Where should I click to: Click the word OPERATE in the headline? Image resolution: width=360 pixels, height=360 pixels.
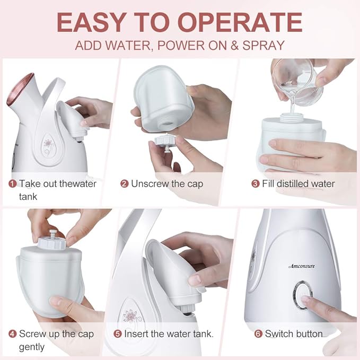pos(240,22)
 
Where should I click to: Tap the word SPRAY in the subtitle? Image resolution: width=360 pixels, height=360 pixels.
pos(263,45)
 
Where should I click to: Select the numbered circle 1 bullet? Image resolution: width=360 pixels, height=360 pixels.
pos(12,184)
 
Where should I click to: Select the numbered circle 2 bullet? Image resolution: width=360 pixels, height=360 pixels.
pos(124,184)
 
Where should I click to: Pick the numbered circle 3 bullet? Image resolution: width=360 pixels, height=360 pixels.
pos(255,184)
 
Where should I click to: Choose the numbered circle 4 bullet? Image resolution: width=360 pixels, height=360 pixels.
pos(12,334)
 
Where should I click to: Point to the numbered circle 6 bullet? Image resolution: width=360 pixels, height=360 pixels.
pos(258,334)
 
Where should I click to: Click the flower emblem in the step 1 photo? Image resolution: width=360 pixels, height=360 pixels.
pos(49,144)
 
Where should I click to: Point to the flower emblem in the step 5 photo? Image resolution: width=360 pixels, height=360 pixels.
pos(129,317)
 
